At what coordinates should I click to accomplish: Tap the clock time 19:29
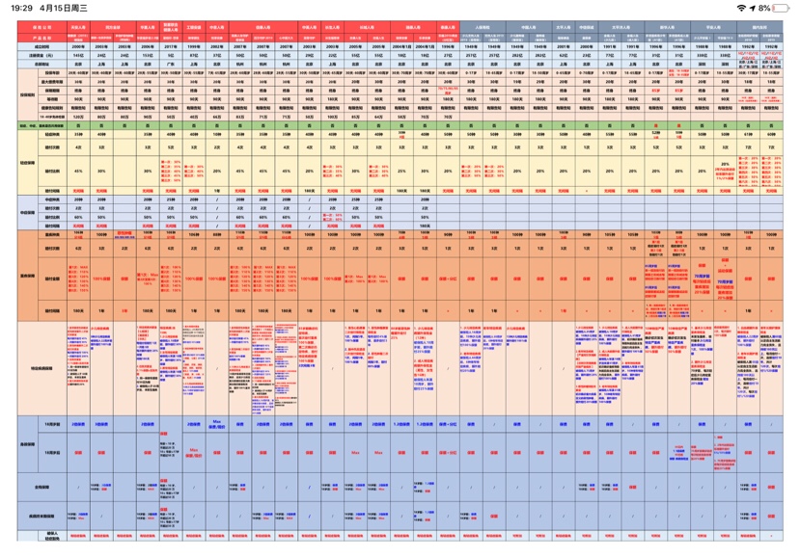(21, 8)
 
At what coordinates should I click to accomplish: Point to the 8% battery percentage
(765, 8)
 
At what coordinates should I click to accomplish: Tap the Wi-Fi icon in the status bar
(740, 8)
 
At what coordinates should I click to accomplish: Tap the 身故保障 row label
(29, 443)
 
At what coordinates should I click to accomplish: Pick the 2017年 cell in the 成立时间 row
(170, 46)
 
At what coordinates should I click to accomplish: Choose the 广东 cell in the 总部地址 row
(170, 64)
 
